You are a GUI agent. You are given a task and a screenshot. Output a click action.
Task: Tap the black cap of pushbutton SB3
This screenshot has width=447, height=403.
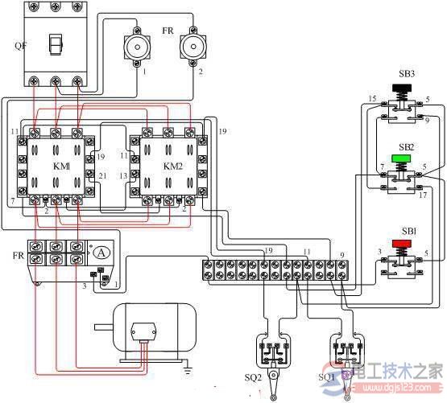pos(403,87)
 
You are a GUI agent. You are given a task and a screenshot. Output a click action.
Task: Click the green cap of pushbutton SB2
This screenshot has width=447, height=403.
pos(403,158)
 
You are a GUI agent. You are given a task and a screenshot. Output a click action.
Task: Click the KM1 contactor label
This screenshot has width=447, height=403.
pos(61,166)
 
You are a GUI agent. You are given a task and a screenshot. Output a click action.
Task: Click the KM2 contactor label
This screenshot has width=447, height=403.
pos(172,166)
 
